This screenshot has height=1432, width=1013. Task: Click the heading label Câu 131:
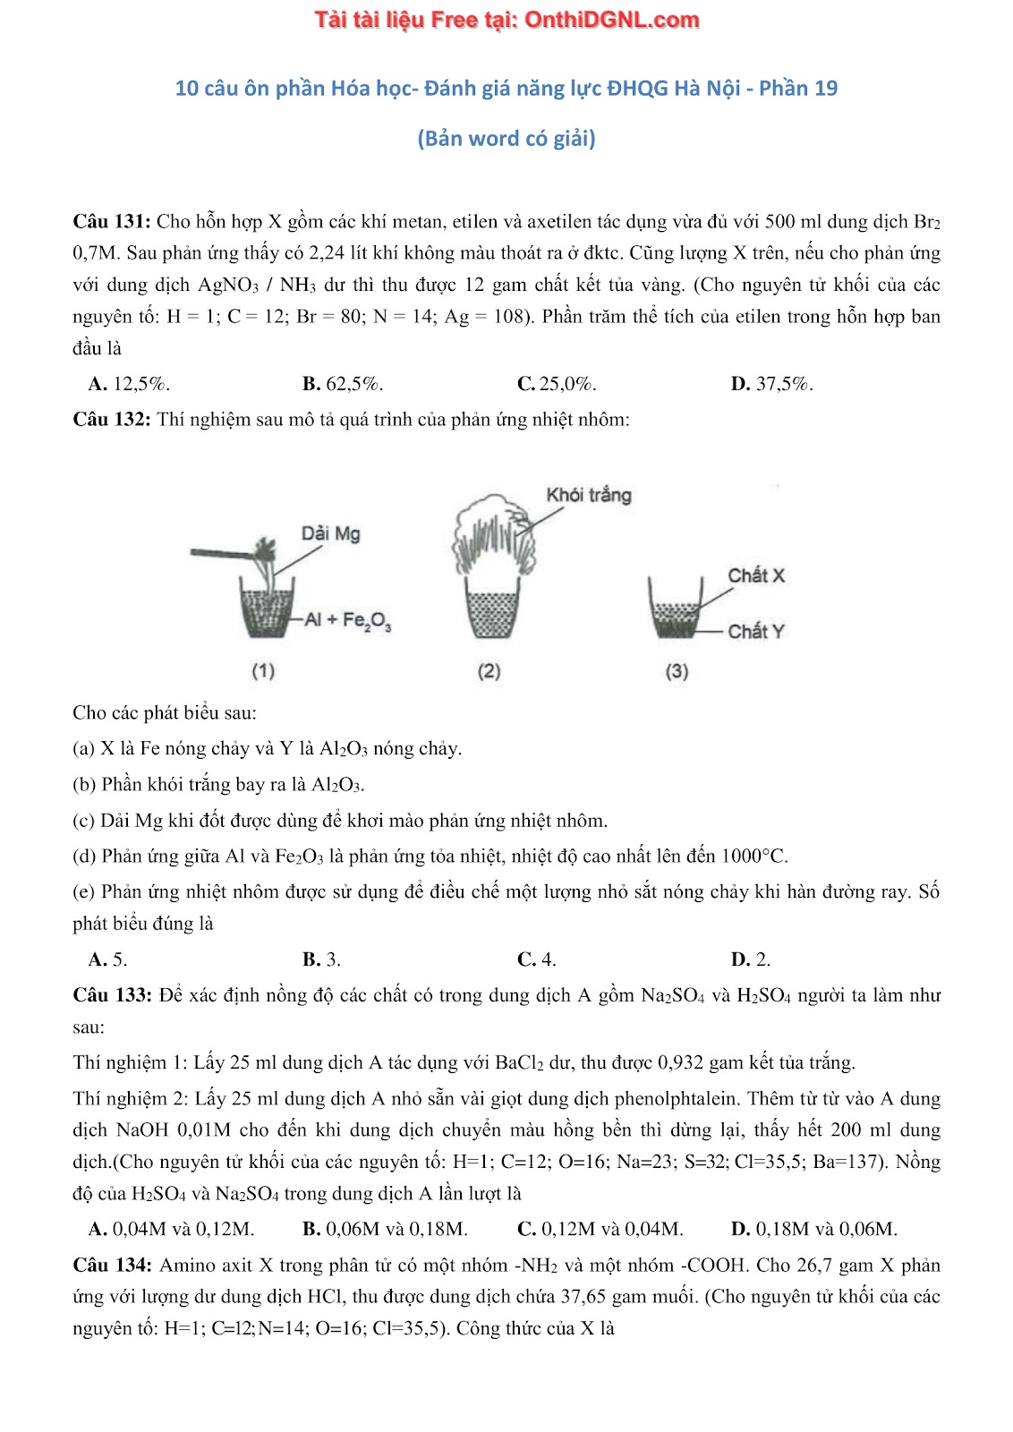pyautogui.click(x=112, y=222)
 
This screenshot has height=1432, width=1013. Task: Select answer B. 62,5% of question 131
pyautogui.click(x=343, y=384)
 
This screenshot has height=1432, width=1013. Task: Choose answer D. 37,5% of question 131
pyautogui.click(x=771, y=384)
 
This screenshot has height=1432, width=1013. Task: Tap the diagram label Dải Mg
pyautogui.click(x=330, y=533)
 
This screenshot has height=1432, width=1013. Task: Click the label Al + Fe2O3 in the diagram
pyautogui.click(x=347, y=620)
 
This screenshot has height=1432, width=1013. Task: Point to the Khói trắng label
pyautogui.click(x=588, y=495)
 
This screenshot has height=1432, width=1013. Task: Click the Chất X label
pyautogui.click(x=756, y=575)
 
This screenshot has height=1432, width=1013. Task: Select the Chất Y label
pyautogui.click(x=755, y=631)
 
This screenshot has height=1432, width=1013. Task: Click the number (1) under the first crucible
pyautogui.click(x=263, y=670)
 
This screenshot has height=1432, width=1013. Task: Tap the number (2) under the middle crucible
pyautogui.click(x=489, y=670)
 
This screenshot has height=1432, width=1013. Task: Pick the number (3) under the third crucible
pyautogui.click(x=677, y=670)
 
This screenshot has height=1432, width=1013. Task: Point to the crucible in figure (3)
pyautogui.click(x=677, y=609)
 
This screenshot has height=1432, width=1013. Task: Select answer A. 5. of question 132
pyautogui.click(x=107, y=959)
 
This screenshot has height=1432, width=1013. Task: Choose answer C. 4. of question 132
pyautogui.click(x=537, y=959)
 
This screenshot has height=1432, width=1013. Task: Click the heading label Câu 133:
pyautogui.click(x=112, y=995)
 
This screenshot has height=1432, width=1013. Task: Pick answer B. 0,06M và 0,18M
pyautogui.click(x=385, y=1229)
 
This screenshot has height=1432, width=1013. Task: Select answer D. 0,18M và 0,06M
pyautogui.click(x=813, y=1229)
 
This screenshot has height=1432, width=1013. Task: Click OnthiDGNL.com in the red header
pyautogui.click(x=611, y=20)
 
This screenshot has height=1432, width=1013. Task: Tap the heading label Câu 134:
pyautogui.click(x=112, y=1265)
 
